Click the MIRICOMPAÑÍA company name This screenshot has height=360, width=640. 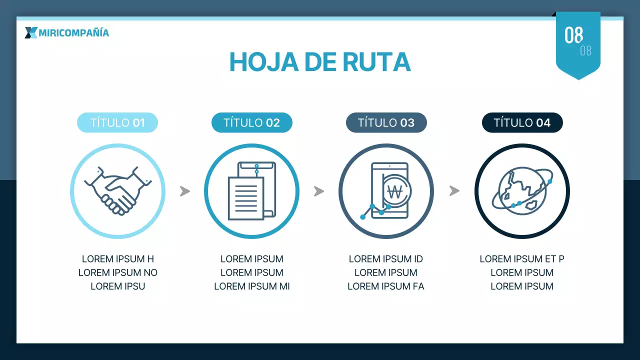point(73,33)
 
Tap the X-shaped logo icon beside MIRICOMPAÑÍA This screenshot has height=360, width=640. point(31,33)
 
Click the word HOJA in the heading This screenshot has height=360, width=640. point(264,62)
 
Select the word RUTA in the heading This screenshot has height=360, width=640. point(376,62)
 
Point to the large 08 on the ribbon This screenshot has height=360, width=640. point(573,35)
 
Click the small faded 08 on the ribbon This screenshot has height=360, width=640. point(585,51)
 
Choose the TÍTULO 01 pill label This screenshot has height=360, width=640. point(117,122)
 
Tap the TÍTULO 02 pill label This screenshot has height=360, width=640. point(251,122)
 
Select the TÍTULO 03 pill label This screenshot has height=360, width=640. point(386,122)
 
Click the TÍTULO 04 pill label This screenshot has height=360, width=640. point(522,122)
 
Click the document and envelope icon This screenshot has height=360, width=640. point(251,191)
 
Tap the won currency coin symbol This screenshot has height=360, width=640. point(395,191)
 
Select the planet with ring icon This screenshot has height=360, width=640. point(522,191)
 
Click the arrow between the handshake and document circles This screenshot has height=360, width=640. point(185,191)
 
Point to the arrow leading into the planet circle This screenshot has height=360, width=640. point(454,191)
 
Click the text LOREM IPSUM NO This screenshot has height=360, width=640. point(117,272)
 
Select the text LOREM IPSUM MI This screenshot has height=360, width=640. point(251,286)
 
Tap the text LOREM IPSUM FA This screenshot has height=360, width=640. point(385,286)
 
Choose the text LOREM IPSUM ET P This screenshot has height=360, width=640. point(522,259)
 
